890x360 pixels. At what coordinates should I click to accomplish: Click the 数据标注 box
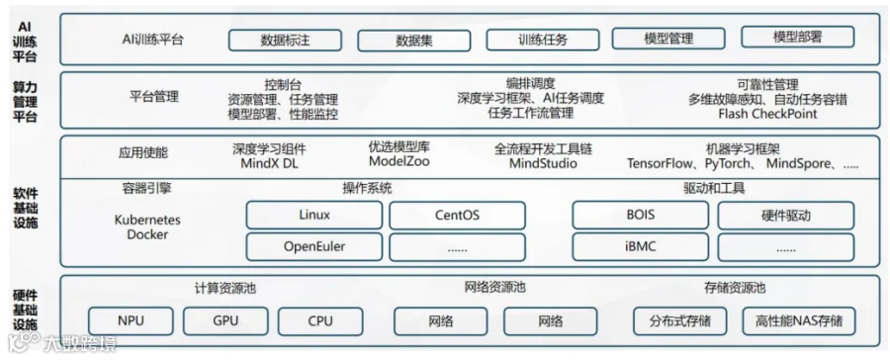pos(285,41)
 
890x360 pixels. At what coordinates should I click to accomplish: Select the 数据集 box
pos(413,41)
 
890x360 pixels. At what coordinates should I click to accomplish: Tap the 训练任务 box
pos(543,41)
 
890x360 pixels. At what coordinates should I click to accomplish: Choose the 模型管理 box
pos(668,39)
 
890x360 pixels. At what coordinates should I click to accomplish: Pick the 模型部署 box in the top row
pos(797,37)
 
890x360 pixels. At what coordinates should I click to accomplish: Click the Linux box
pos(313,216)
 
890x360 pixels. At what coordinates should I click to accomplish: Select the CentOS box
pos(457,216)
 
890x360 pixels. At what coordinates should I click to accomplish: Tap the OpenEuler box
pos(313,247)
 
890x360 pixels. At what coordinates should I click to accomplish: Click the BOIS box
pos(640,216)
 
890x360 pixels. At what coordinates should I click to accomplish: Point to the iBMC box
pos(640,247)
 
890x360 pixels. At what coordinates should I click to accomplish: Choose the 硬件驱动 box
pos(786,216)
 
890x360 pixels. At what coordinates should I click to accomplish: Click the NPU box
pos(131,320)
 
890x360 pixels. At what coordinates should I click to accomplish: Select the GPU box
pos(225,320)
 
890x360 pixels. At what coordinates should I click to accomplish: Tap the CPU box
pos(320,321)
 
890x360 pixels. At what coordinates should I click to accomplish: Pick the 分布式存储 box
pos(680,321)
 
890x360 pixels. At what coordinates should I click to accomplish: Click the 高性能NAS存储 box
pos(799,321)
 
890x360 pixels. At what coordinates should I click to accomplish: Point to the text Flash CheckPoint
pos(767,114)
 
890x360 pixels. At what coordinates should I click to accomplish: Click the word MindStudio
pos(543,163)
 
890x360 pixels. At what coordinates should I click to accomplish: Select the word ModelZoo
pos(400,161)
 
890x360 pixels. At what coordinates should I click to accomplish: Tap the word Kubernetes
pos(147,220)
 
